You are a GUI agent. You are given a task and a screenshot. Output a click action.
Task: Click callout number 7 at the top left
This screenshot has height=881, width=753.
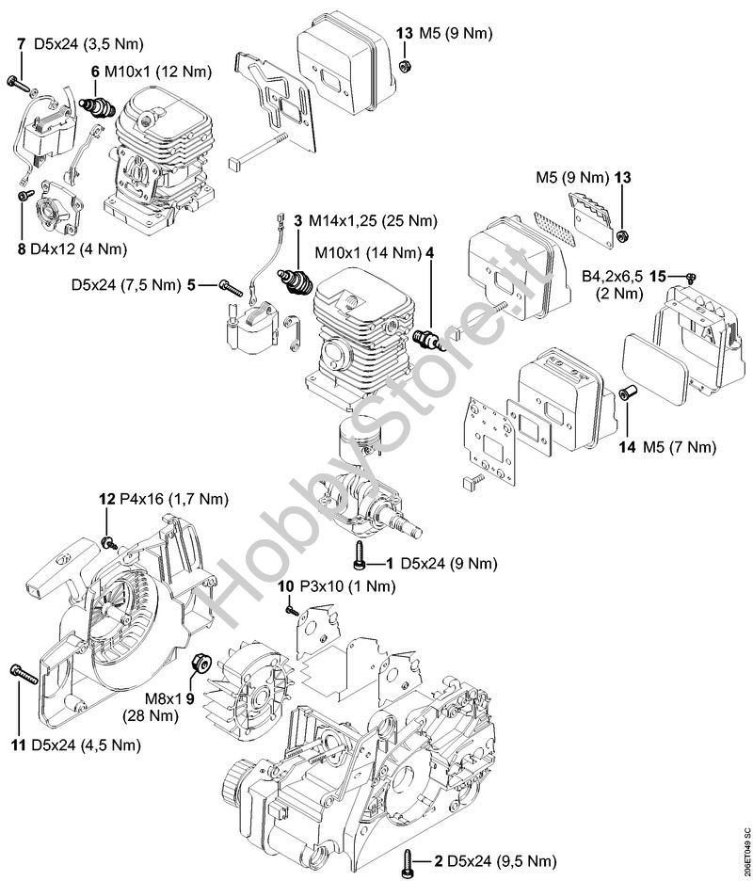pos(21,43)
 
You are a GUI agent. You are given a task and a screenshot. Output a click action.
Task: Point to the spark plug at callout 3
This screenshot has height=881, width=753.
pos(296,280)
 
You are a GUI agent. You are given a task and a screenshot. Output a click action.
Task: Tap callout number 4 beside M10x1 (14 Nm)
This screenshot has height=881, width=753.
pos(429,253)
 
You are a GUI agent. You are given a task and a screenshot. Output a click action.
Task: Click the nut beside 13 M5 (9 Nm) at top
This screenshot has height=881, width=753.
pos(403,65)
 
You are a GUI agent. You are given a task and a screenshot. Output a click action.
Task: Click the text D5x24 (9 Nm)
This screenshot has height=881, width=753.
pos(448,564)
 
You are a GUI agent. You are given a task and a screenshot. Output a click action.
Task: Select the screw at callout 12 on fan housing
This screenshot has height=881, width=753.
pos(108,542)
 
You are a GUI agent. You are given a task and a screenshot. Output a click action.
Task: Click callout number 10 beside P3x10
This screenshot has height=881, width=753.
pos(286,586)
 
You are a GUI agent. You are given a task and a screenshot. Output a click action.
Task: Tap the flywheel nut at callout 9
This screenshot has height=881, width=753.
pos(200,663)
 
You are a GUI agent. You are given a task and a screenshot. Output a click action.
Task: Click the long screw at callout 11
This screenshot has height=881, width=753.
pos(24,674)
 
